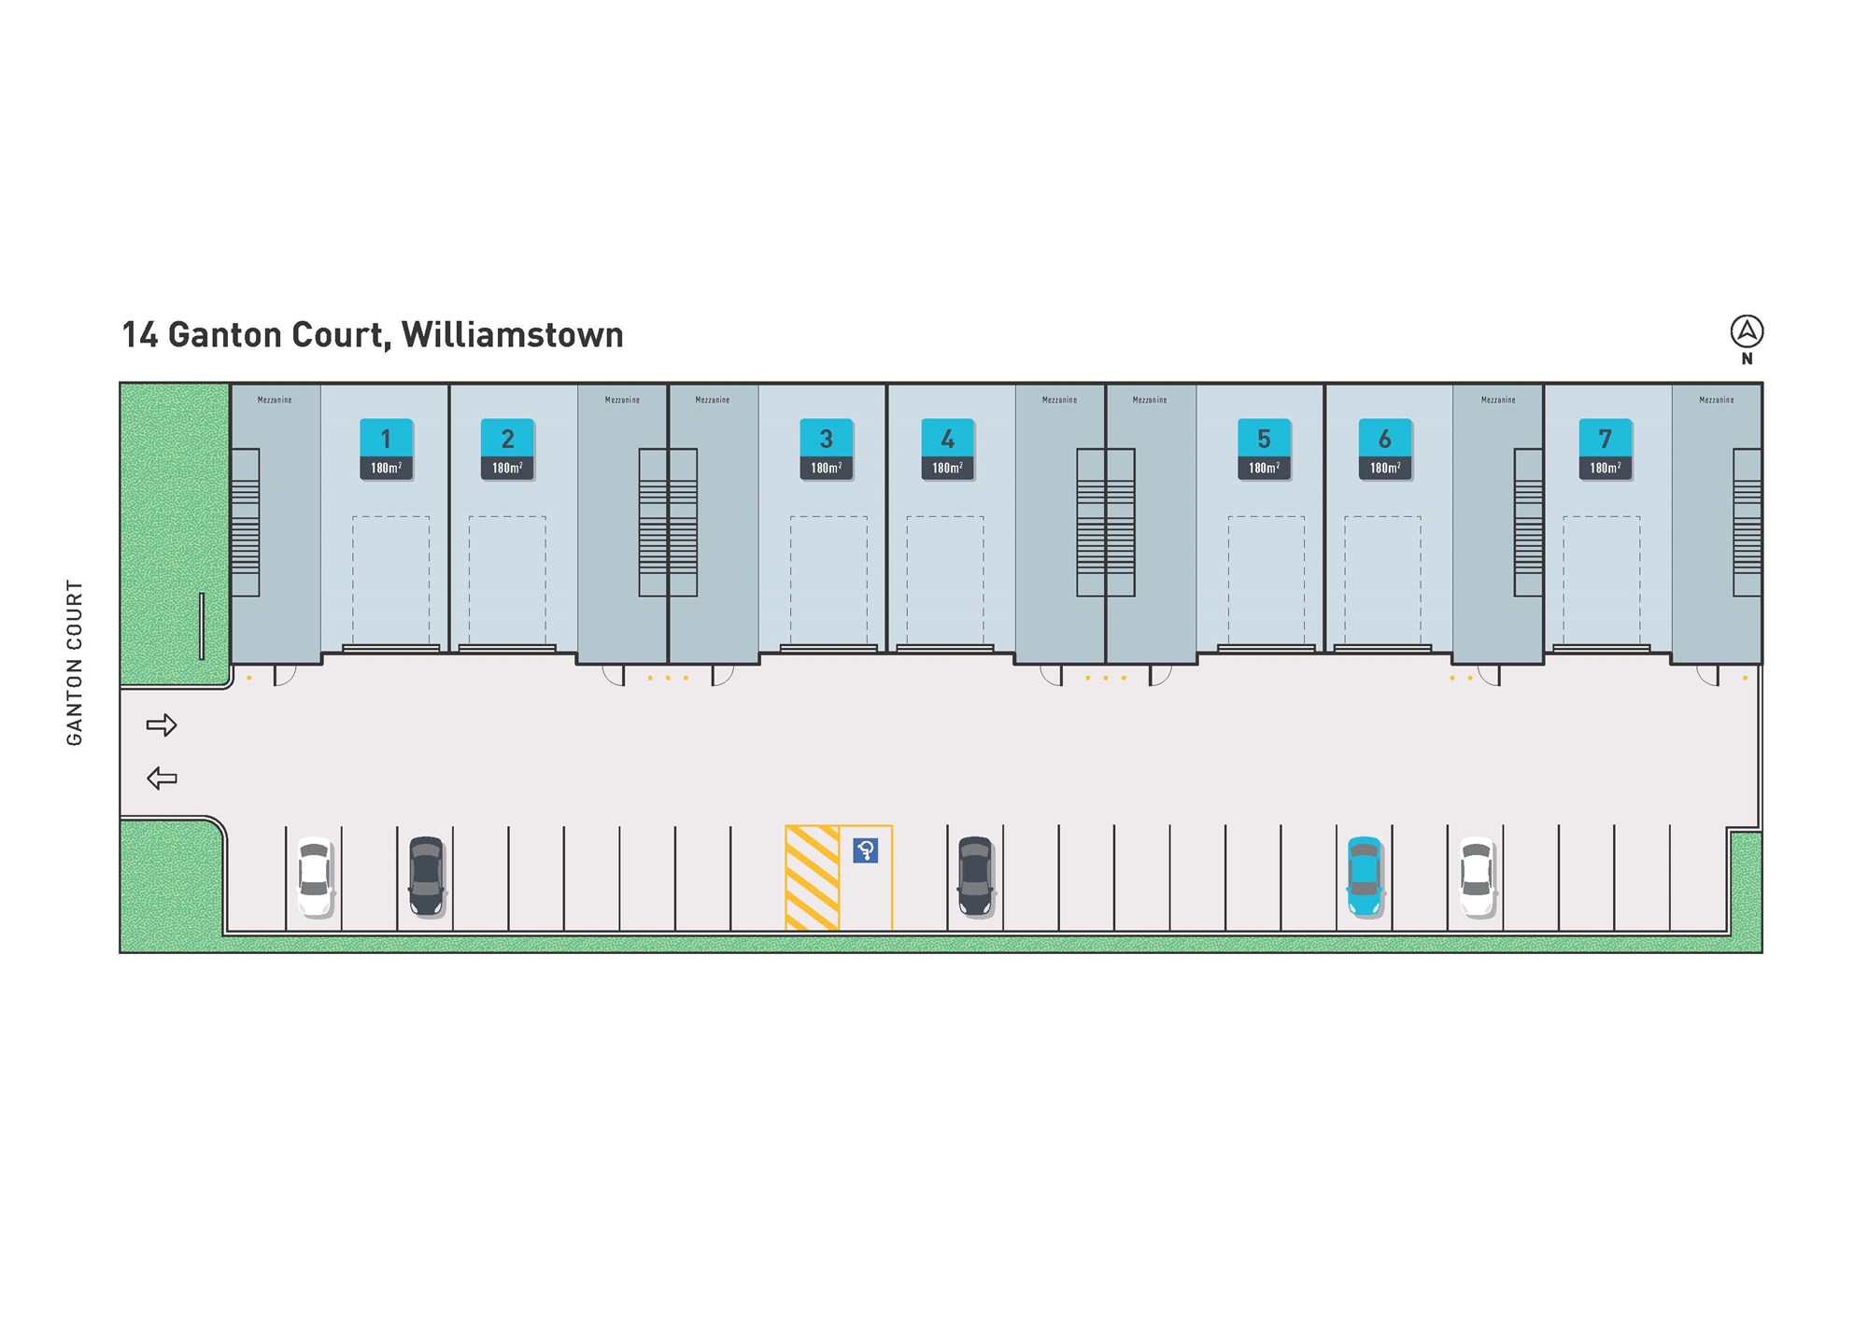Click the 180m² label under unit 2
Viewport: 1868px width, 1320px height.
point(507,468)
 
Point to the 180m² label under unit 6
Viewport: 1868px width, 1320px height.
point(1384,468)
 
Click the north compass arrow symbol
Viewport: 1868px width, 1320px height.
point(1747,331)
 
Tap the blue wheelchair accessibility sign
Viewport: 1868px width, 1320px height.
point(866,850)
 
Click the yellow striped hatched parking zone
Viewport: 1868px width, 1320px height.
point(813,878)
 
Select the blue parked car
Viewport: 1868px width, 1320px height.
point(1365,877)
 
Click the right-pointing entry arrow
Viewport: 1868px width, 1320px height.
point(162,724)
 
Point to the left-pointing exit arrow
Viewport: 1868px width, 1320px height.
point(162,778)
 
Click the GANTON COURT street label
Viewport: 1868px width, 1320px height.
point(75,663)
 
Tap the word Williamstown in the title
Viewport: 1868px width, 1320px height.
point(513,335)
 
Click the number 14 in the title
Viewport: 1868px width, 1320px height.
point(140,335)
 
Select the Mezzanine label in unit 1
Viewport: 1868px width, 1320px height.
point(275,400)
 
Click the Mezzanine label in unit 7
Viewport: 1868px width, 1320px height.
point(1717,400)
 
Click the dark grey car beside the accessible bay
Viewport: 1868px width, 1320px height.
point(976,876)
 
